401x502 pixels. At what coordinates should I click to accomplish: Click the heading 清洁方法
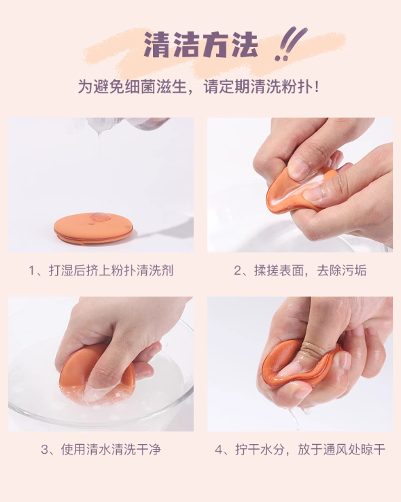(x=201, y=44)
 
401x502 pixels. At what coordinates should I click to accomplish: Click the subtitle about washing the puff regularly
(x=198, y=86)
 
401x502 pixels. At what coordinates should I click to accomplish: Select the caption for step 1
(x=101, y=271)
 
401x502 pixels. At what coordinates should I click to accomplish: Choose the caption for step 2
(x=300, y=271)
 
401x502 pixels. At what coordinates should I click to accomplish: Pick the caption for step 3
(x=101, y=450)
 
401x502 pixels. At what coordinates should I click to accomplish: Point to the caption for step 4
(x=300, y=450)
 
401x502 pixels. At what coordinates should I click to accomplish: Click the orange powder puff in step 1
(x=93, y=229)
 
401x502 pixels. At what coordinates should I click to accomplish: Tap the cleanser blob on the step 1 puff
(x=101, y=218)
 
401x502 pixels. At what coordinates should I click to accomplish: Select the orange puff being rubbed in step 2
(x=298, y=192)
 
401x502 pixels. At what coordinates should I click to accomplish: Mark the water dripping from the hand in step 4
(x=296, y=416)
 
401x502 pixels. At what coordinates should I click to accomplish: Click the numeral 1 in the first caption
(x=32, y=271)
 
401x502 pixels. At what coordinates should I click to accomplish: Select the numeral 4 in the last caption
(x=219, y=450)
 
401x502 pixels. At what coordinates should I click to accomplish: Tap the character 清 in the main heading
(x=157, y=44)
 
